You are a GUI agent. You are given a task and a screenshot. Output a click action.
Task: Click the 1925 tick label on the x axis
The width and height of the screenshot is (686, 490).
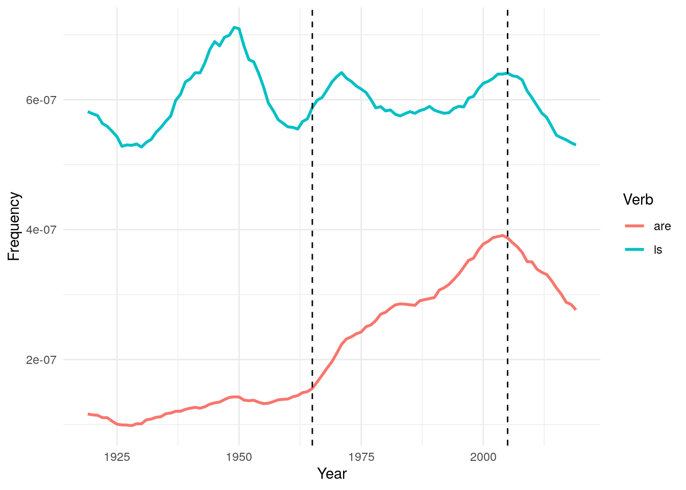click(117, 457)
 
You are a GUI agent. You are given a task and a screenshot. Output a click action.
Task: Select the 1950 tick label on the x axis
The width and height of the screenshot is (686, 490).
click(239, 457)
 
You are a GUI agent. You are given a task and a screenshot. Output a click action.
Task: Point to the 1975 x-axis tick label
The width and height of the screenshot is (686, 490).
click(361, 457)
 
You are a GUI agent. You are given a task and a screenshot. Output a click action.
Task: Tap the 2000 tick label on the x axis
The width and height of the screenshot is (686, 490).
click(483, 457)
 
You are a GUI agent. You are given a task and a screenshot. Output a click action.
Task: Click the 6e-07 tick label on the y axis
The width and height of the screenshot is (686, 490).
click(41, 100)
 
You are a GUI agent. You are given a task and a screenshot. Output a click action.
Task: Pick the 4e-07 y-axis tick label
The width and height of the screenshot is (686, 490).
click(41, 230)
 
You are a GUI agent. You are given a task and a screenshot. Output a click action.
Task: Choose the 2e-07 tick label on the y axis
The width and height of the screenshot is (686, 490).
click(41, 360)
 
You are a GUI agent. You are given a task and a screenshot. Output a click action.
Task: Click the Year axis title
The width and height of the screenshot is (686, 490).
click(332, 474)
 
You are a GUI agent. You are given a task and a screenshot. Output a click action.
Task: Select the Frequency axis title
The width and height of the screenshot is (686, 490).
click(14, 226)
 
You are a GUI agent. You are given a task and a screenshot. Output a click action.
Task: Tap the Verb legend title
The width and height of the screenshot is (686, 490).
click(638, 200)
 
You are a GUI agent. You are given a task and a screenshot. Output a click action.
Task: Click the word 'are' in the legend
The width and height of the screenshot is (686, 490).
click(662, 227)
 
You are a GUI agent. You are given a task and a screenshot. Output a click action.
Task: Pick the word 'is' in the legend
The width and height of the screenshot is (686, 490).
click(658, 250)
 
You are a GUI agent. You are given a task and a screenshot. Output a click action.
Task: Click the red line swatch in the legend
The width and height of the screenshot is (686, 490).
click(634, 226)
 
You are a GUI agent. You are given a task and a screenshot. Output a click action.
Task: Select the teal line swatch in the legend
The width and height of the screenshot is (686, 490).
click(634, 250)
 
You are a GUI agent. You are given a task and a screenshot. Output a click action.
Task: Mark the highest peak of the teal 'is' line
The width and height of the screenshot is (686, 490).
click(234, 27)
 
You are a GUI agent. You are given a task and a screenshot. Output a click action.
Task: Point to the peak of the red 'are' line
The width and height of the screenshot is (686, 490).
click(503, 235)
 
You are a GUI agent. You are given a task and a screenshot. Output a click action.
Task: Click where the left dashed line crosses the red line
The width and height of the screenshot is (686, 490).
click(312, 388)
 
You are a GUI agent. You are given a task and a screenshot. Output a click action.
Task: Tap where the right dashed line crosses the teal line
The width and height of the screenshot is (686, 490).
click(507, 73)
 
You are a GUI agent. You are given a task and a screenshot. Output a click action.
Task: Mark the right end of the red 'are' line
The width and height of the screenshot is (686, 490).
click(576, 310)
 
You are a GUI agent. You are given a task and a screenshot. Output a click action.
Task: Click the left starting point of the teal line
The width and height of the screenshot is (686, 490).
click(88, 111)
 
